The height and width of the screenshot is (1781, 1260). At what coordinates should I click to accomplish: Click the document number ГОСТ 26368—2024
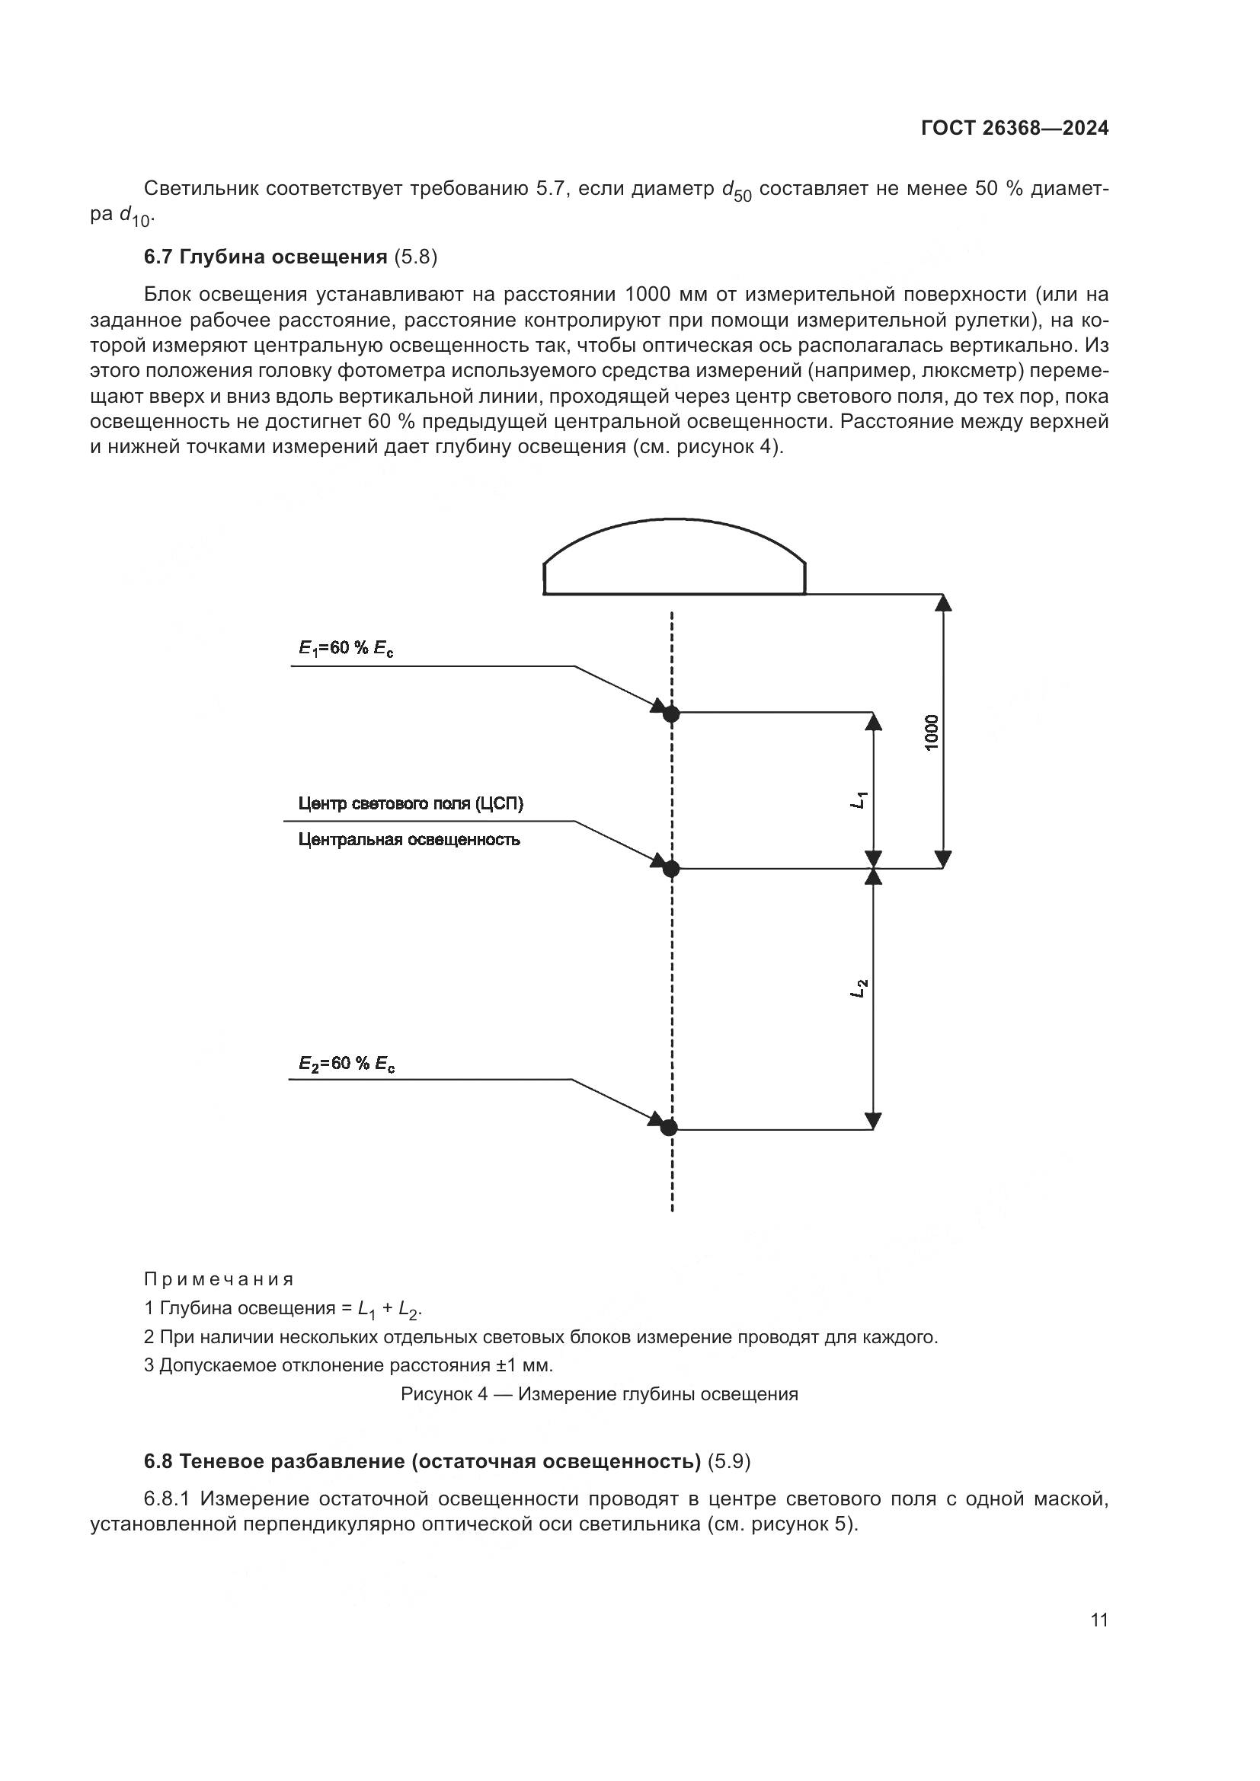(x=1014, y=128)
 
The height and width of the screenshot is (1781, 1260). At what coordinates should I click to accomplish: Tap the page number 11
(x=1099, y=1620)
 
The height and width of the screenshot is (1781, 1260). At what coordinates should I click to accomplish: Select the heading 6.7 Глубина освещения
(x=265, y=257)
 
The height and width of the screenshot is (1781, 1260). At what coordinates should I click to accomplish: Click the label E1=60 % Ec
(x=346, y=649)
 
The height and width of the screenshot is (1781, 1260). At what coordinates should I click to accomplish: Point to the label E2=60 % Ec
(x=347, y=1064)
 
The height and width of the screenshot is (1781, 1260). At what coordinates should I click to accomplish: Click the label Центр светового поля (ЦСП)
(x=411, y=803)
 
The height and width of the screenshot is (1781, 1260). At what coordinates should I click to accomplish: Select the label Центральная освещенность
(x=409, y=839)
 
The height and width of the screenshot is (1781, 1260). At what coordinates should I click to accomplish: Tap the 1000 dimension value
(x=931, y=732)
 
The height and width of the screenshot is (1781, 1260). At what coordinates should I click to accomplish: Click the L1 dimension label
(x=858, y=800)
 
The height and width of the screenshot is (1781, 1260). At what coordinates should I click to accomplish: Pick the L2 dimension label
(x=858, y=990)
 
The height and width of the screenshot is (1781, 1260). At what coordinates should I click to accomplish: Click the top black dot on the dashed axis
(x=671, y=713)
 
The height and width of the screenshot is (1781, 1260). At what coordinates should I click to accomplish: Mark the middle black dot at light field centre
(x=671, y=869)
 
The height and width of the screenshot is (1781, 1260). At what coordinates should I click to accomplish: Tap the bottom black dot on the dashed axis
(x=669, y=1128)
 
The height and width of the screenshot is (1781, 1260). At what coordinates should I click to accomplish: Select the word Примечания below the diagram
(x=219, y=1278)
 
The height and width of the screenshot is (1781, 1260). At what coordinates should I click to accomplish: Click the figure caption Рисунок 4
(x=599, y=1394)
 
